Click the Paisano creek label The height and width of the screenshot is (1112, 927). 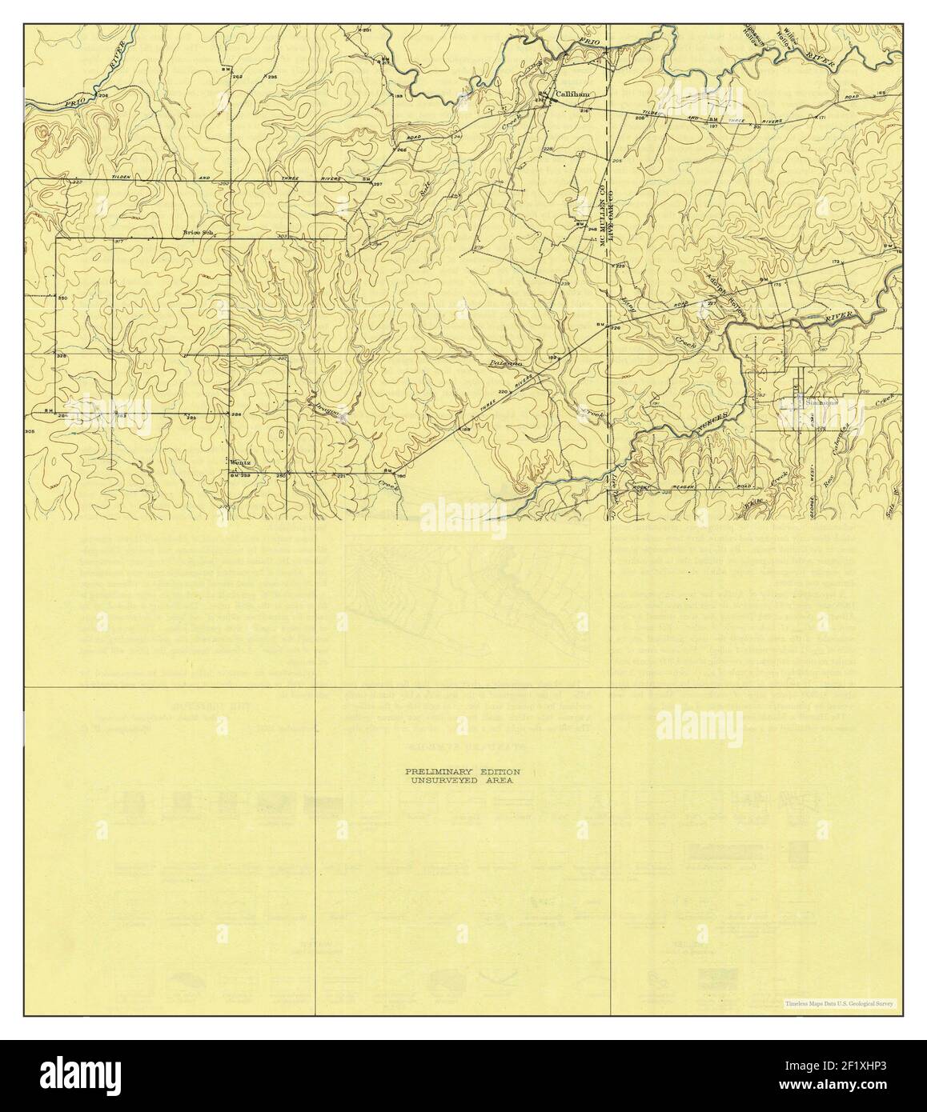pyautogui.click(x=506, y=363)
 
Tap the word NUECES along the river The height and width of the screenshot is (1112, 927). pyautogui.click(x=715, y=417)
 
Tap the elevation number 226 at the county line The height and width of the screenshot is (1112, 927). pyautogui.click(x=616, y=328)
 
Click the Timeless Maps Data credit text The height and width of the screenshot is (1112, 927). pyautogui.click(x=841, y=1003)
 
